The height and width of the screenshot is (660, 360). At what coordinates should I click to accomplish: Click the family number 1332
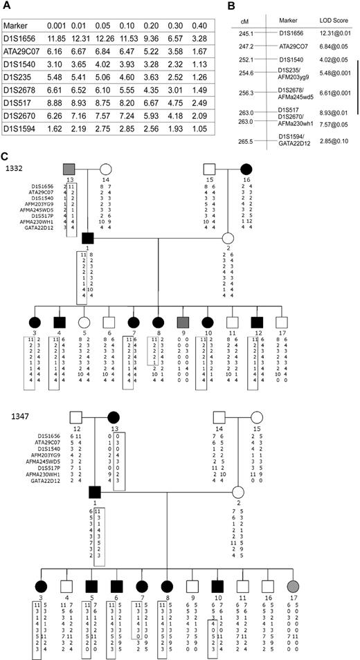pyautogui.click(x=14, y=168)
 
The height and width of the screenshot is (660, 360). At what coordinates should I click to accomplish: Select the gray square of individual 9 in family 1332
pyautogui.click(x=182, y=322)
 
